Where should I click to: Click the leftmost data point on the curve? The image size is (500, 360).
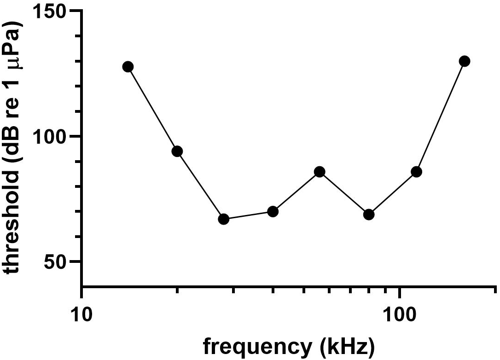128,67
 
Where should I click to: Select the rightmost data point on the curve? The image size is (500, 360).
465,61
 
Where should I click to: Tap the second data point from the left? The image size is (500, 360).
177,151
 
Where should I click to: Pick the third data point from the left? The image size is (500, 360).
224,219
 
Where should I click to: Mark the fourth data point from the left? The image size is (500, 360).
273,212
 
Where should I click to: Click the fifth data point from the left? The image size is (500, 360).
320,172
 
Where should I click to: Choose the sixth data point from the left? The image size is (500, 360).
369,215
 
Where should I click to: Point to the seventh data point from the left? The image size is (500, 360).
416,172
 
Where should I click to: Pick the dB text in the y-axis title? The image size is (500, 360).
16,143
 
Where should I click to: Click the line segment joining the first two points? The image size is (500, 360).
152,109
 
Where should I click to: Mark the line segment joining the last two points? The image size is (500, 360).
441,116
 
